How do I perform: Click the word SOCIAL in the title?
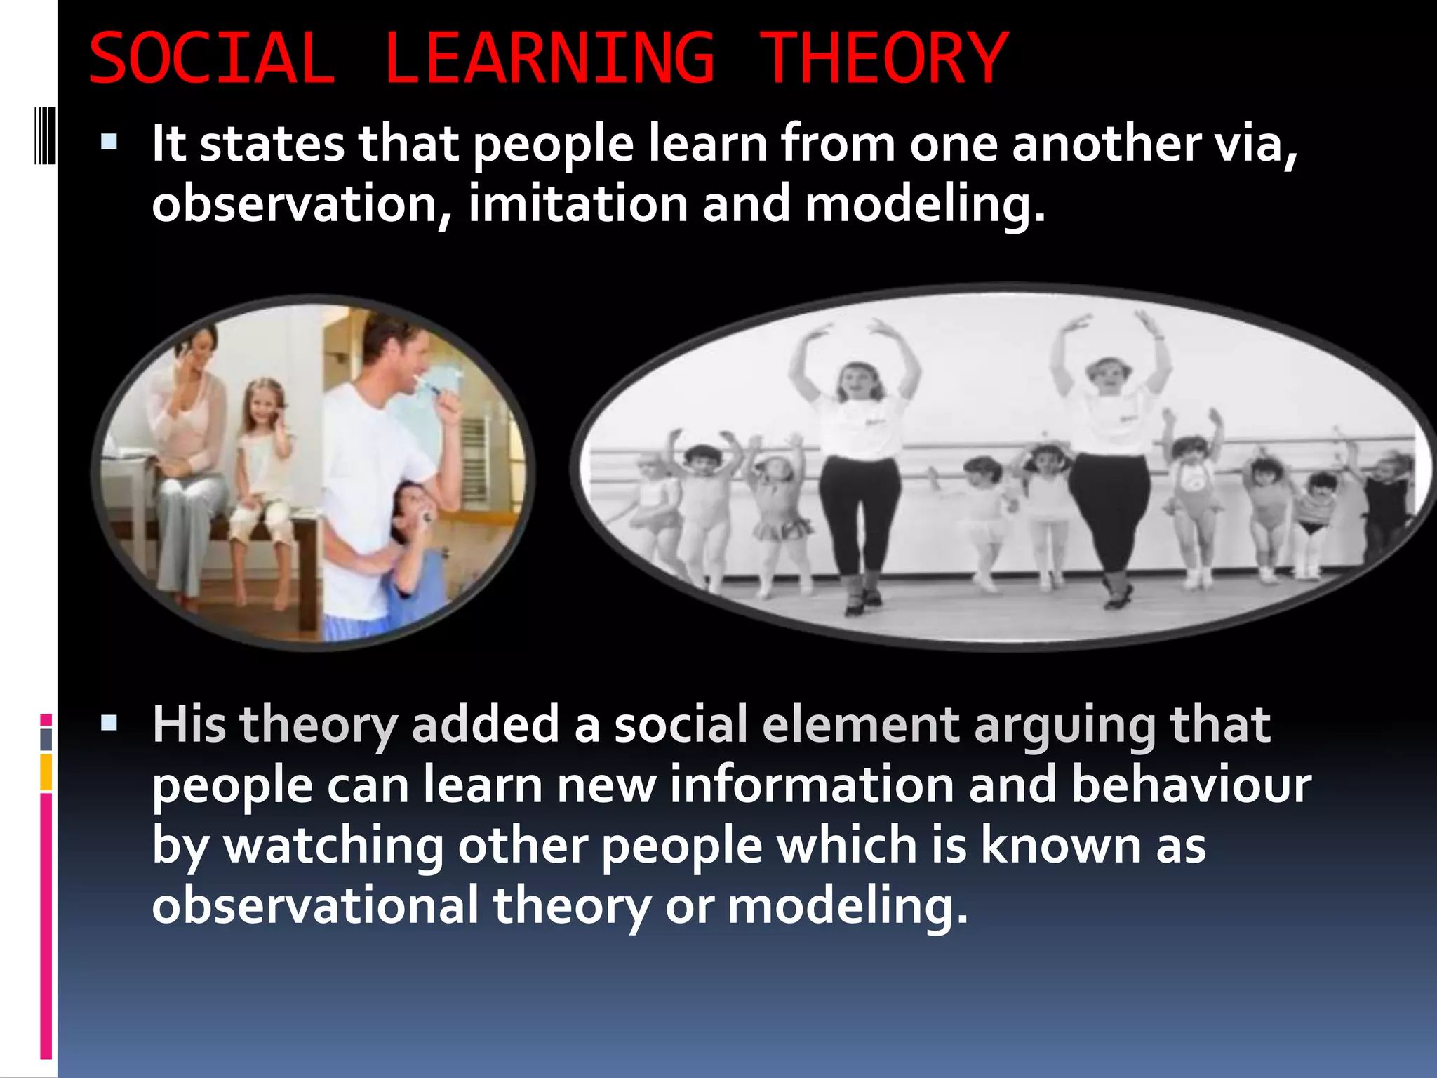pos(212,59)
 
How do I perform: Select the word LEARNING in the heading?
pos(549,59)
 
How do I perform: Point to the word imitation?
pos(578,204)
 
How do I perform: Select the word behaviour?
pos(1191,785)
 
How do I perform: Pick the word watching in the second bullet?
pos(333,846)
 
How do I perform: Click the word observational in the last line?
pos(315,905)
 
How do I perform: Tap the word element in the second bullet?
pos(860,724)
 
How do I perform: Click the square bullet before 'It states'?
pos(109,143)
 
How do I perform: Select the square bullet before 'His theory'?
pos(109,723)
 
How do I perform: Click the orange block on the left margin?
pos(46,772)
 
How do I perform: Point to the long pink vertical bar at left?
pos(46,926)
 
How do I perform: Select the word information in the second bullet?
pos(811,785)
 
